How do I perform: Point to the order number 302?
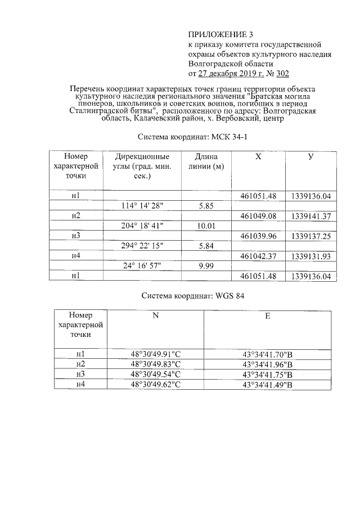click(281, 74)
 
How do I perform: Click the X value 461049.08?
click(258, 216)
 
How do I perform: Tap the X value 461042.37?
click(258, 256)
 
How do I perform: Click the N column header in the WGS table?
click(156, 316)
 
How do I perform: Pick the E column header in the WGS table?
click(268, 316)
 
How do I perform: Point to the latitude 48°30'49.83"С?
click(156, 364)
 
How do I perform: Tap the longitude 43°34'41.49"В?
click(268, 384)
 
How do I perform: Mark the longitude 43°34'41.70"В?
click(268, 354)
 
